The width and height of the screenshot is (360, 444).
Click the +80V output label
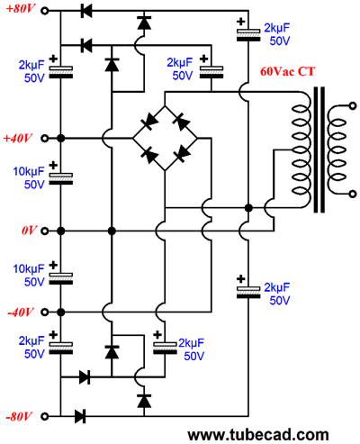(x=21, y=9)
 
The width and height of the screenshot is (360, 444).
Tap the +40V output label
(x=17, y=139)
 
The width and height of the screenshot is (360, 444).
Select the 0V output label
(x=29, y=231)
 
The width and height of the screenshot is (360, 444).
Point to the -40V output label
(x=20, y=313)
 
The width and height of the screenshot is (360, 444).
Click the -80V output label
(x=19, y=417)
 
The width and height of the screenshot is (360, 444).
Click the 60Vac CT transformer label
(x=287, y=71)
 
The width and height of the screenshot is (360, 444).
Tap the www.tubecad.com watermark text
(x=258, y=435)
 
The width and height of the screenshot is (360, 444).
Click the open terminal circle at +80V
(x=45, y=11)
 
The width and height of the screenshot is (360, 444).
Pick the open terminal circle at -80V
(x=45, y=417)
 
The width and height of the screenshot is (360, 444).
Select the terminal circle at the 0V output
(x=45, y=231)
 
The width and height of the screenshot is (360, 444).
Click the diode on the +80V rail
(x=86, y=11)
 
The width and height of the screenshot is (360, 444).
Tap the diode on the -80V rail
(x=80, y=416)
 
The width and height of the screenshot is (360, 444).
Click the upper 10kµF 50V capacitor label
(x=29, y=177)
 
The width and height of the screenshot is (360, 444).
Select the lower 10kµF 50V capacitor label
(x=29, y=276)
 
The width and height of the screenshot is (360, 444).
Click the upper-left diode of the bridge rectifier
(x=149, y=122)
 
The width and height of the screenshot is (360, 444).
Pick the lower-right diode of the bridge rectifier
(x=182, y=154)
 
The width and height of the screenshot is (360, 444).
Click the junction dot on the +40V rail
(x=61, y=139)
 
